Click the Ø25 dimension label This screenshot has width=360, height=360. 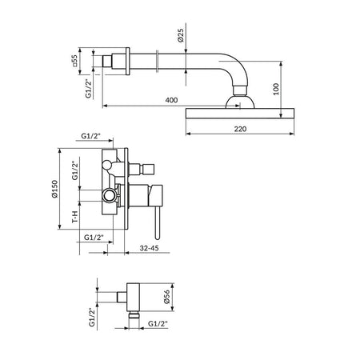click(181, 35)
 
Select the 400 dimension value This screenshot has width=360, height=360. click(171, 100)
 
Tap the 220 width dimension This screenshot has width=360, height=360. click(240, 129)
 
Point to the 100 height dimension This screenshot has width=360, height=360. click(276, 89)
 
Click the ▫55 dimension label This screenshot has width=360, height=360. click(74, 61)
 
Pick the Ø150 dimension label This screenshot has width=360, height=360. click(54, 189)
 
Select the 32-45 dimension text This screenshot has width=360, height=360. click(149, 248)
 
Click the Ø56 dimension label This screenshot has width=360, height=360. click(166, 297)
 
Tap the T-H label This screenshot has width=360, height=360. click(75, 217)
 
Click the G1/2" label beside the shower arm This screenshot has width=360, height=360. click(89, 88)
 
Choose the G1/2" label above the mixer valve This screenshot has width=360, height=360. click(90, 136)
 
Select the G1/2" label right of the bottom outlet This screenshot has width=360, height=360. click(158, 324)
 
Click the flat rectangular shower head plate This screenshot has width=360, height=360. click(240, 113)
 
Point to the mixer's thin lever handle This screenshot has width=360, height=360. click(158, 222)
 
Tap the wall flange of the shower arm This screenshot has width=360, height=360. click(127, 62)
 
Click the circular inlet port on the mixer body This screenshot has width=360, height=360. click(110, 195)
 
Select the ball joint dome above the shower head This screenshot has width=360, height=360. click(240, 102)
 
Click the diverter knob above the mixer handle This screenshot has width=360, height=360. click(142, 169)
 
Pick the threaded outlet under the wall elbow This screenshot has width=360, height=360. click(134, 315)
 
